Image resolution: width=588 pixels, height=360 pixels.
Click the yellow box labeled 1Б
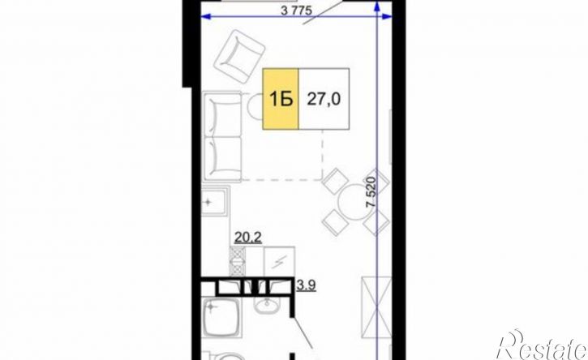click(281, 99)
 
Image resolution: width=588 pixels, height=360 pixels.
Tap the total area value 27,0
click(324, 100)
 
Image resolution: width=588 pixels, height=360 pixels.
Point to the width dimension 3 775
click(296, 11)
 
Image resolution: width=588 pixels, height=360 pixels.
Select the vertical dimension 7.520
click(371, 191)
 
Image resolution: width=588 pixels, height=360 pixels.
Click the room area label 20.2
click(248, 238)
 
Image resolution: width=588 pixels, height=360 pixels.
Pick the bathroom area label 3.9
click(306, 285)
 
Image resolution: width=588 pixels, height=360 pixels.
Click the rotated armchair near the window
click(239, 58)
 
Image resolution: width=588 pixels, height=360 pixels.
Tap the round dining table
click(355, 203)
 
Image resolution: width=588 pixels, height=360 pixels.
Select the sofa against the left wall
click(222, 137)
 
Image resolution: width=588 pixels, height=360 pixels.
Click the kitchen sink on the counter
click(215, 202)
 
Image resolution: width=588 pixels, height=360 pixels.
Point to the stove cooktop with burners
click(237, 261)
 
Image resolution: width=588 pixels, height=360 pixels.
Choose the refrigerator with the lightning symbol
click(279, 261)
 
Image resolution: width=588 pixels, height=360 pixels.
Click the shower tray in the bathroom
click(221, 317)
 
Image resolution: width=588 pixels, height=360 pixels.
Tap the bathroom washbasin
click(267, 305)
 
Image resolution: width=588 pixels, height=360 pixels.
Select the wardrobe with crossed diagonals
click(376, 306)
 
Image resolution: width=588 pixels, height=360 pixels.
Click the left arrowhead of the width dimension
click(204, 16)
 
